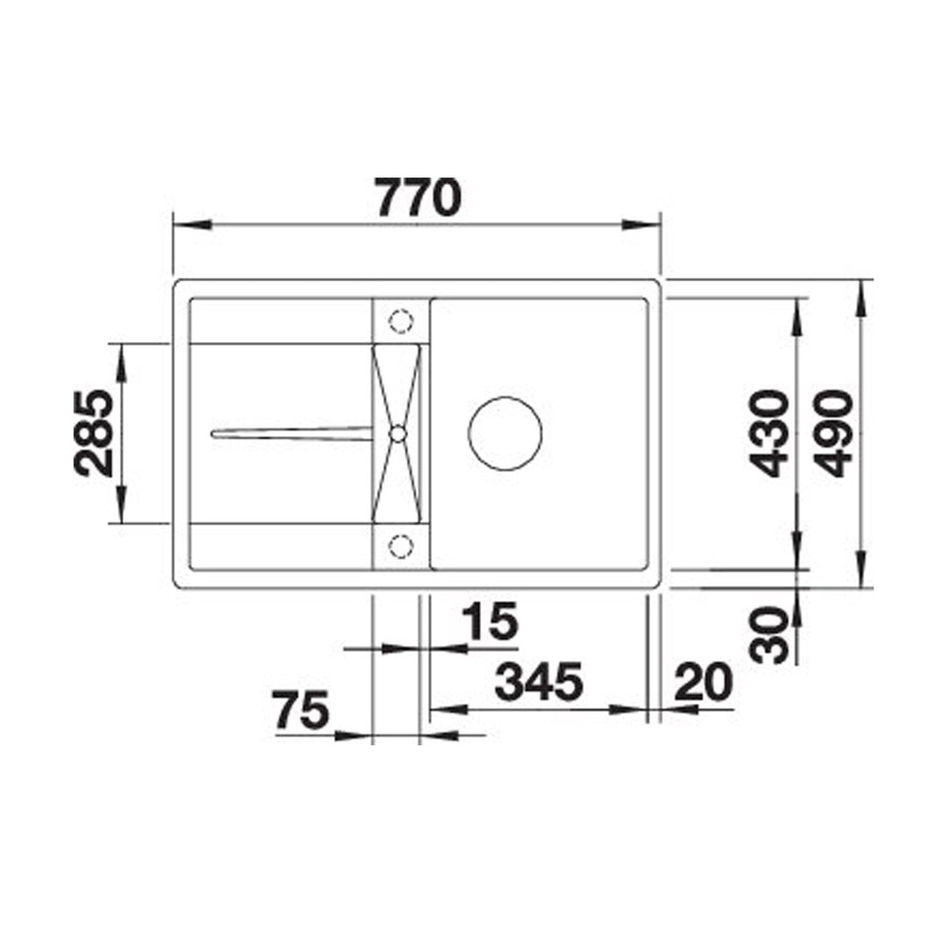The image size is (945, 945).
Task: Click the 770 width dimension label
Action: coord(419,197)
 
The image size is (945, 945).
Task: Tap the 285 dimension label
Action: coord(93,433)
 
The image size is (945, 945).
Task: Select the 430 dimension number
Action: coord(769,433)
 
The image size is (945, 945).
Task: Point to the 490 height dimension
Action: coord(834,433)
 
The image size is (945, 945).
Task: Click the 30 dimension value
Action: coord(769,634)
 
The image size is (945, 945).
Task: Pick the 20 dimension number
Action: coord(703,682)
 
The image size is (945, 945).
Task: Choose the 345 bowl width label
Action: coord(539,682)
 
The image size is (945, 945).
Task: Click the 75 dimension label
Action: coord(300,710)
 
